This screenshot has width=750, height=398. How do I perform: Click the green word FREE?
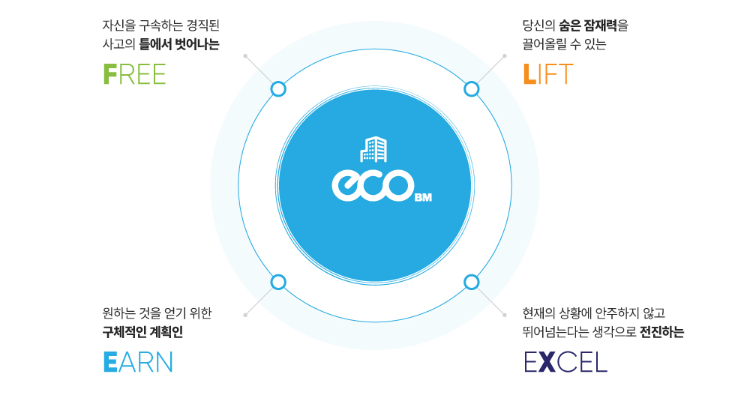[134, 74]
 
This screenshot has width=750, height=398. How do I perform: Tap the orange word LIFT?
[547, 74]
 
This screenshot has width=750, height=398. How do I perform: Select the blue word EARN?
[138, 362]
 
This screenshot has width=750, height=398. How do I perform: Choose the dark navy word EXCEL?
[565, 362]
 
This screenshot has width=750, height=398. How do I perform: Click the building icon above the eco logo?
[373, 149]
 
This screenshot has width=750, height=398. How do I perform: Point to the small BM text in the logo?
[422, 199]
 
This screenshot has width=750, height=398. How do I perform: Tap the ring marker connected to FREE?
[278, 89]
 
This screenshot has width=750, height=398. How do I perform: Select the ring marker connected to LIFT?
[471, 89]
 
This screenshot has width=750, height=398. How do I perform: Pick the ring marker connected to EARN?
[278, 282]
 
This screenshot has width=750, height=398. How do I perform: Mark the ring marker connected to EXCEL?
[471, 282]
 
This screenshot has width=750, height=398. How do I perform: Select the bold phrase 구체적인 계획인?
[142, 332]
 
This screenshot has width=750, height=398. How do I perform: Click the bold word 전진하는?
[661, 332]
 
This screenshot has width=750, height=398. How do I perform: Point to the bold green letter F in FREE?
[109, 74]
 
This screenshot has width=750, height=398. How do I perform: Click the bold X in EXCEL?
[547, 362]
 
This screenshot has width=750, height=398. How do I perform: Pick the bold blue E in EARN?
[109, 362]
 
